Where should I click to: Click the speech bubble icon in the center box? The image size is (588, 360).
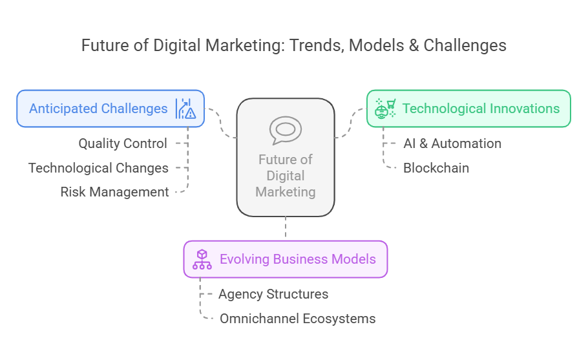click(286, 130)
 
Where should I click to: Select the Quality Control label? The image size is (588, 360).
click(123, 143)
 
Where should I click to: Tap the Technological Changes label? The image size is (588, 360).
click(98, 168)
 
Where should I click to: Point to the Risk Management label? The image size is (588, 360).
click(114, 192)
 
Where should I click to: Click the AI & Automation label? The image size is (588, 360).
click(452, 143)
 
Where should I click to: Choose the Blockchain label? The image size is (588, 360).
click(436, 168)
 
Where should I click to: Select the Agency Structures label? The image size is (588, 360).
click(273, 294)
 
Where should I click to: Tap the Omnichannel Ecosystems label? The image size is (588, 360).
click(298, 319)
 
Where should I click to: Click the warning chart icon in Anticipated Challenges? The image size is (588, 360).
click(185, 109)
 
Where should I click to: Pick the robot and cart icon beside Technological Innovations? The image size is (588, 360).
click(385, 109)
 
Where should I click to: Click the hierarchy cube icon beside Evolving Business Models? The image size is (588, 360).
click(202, 260)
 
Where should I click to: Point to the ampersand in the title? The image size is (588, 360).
click(414, 46)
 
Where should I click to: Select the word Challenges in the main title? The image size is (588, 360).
click(465, 46)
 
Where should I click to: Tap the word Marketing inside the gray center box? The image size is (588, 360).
click(286, 192)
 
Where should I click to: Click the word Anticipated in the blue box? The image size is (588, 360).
click(63, 109)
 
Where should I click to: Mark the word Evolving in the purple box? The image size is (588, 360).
click(244, 260)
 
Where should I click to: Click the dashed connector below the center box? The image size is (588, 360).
click(286, 226)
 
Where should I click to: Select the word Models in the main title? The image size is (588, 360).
click(377, 46)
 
